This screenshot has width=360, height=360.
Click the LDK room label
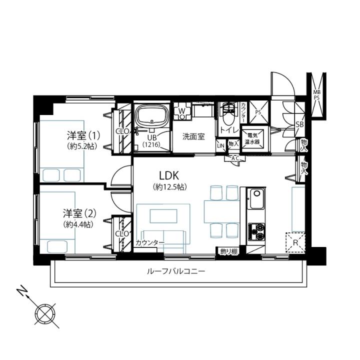point(169,175)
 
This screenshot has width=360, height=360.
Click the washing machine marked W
point(182,111)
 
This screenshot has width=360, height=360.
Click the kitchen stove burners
point(256,232)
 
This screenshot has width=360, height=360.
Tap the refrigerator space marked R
point(295,242)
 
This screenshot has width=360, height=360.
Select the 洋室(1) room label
point(83,135)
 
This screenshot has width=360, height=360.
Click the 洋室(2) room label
point(79,214)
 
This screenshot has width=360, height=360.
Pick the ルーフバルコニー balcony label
point(175,272)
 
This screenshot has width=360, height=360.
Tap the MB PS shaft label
point(316,94)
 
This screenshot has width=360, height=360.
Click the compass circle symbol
point(45,314)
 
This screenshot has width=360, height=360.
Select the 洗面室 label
point(193,137)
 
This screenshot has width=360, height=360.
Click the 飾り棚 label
point(228,251)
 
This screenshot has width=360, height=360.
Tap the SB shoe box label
point(299,124)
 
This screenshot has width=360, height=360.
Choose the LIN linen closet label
point(220,145)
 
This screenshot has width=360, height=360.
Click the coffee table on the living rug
point(163,216)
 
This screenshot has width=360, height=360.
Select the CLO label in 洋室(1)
point(122,131)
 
